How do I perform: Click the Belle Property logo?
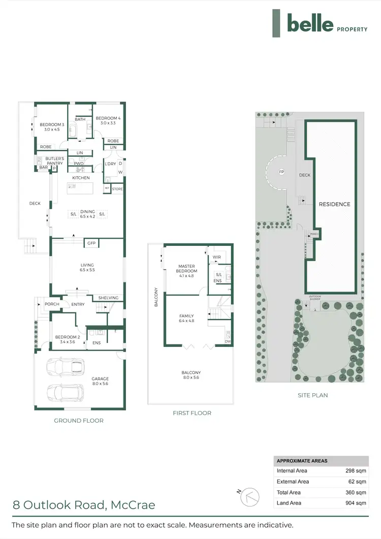pyautogui.click(x=320, y=23)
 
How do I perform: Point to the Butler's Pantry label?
pyautogui.click(x=54, y=161)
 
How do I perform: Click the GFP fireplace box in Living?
pyautogui.click(x=91, y=243)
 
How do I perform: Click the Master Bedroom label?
pyautogui.click(x=187, y=268)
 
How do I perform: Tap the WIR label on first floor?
pyautogui.click(x=217, y=258)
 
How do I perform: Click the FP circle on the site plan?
pyautogui.click(x=281, y=172)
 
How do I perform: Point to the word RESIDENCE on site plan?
pyautogui.click(x=334, y=204)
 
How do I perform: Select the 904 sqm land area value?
pyautogui.click(x=356, y=503)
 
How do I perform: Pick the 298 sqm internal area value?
pyautogui.click(x=356, y=471)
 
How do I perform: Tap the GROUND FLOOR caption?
pyautogui.click(x=79, y=421)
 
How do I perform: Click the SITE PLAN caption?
pyautogui.click(x=313, y=395)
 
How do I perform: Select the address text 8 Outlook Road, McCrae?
pyautogui.click(x=84, y=505)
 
